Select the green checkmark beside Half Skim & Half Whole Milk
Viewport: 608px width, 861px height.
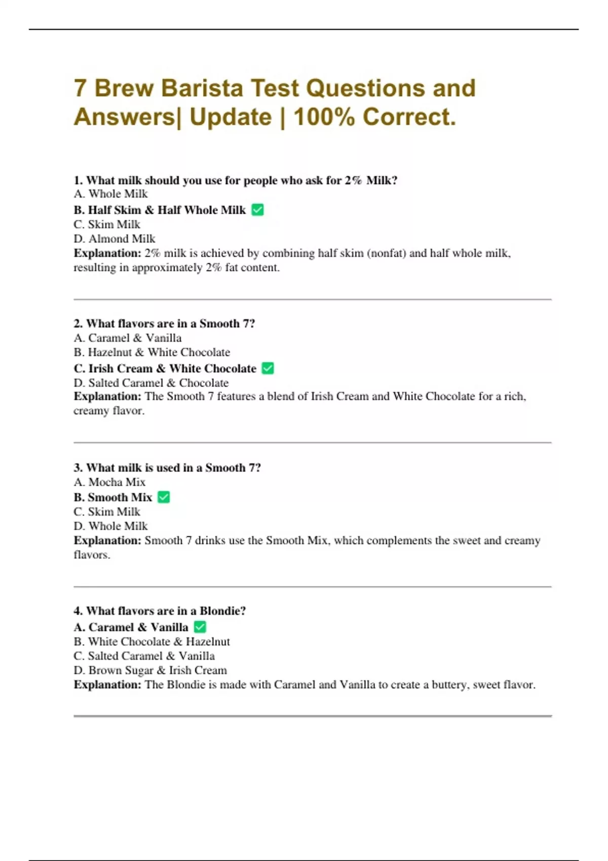[x=257, y=210]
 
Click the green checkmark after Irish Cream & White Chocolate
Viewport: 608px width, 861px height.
[x=268, y=368]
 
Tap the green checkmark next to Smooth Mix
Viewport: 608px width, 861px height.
[x=164, y=497]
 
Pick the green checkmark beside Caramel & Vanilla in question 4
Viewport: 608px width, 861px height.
[x=200, y=627]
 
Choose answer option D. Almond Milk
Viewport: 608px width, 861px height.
[x=115, y=239]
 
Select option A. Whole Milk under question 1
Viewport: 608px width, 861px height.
[x=110, y=194]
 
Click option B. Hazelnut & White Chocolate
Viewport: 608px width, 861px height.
[x=151, y=352]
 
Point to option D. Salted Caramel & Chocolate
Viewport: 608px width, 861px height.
[x=151, y=383]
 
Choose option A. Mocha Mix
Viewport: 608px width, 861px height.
[x=109, y=482]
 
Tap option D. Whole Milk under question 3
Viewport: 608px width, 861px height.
[x=110, y=526]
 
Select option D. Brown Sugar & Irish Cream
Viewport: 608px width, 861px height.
[x=150, y=670]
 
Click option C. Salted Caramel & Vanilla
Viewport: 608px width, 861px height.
[x=144, y=656]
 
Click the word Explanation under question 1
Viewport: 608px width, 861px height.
[x=107, y=253]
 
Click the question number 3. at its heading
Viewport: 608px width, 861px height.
[x=78, y=467]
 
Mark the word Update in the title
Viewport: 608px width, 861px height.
[x=231, y=117]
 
